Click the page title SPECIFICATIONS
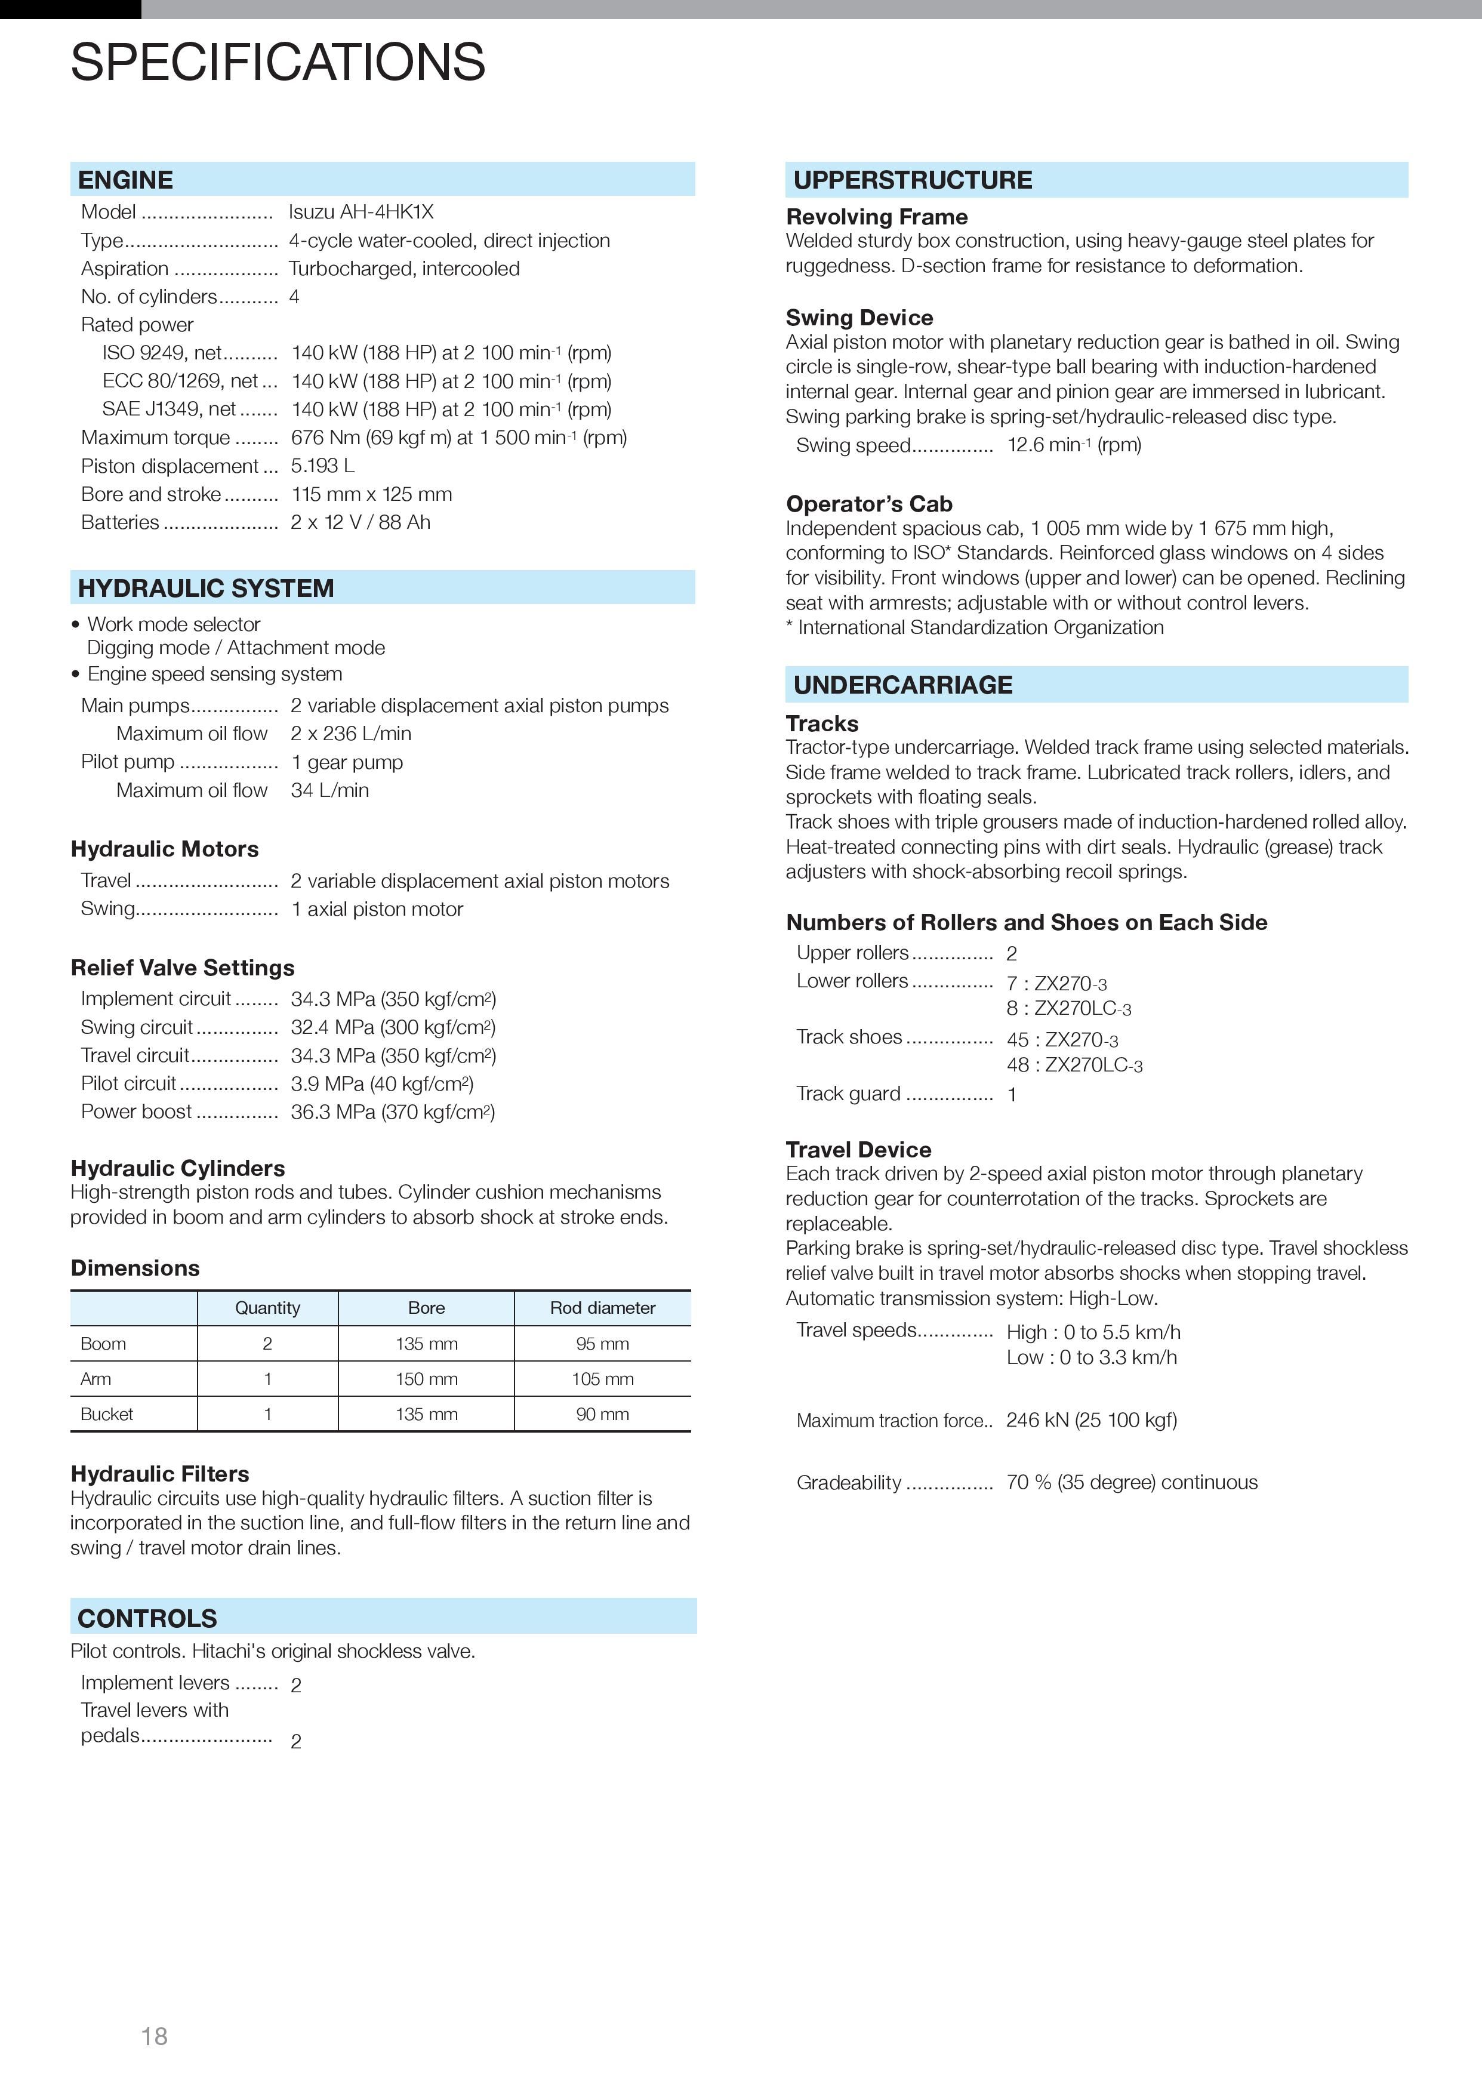[x=278, y=62]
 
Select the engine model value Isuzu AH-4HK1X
[x=361, y=212]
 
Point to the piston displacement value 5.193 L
[x=322, y=466]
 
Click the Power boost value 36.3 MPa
[x=392, y=1111]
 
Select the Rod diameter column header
[x=602, y=1307]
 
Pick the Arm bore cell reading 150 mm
[x=426, y=1379]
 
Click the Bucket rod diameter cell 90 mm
[x=602, y=1414]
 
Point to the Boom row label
[x=103, y=1343]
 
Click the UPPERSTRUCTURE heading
[x=913, y=180]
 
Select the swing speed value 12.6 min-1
[x=1073, y=445]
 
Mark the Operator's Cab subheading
[x=869, y=504]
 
